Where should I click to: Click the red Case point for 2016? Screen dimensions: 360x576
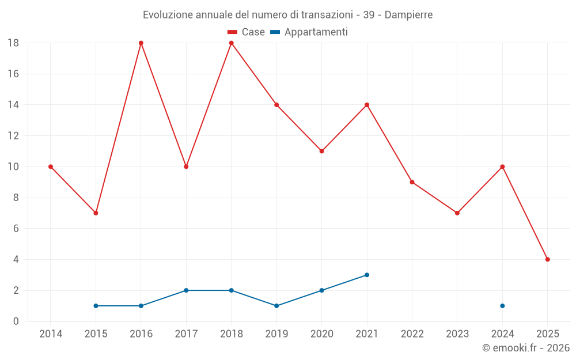[x=141, y=43]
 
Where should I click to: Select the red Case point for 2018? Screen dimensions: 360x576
[x=232, y=43]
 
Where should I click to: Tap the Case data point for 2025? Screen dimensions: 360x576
[x=547, y=259]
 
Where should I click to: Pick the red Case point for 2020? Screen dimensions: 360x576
[x=321, y=151]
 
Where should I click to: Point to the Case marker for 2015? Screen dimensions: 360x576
[x=96, y=213]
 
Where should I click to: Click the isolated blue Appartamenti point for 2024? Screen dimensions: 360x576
[x=502, y=306]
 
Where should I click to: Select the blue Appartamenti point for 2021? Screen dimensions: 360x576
[x=367, y=275]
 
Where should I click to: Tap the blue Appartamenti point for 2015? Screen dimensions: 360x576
[x=96, y=306]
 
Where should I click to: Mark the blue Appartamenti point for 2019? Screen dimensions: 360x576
[x=276, y=306]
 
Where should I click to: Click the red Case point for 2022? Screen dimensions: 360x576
[x=412, y=182]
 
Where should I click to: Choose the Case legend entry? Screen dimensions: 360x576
[x=247, y=32]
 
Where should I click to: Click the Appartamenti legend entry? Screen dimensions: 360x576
[x=309, y=32]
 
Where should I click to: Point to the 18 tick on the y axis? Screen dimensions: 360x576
[x=13, y=43]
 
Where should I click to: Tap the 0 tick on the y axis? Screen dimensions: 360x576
[x=16, y=321]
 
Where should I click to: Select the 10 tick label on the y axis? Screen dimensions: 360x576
[x=13, y=167]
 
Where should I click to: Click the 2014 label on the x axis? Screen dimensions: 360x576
[x=51, y=334]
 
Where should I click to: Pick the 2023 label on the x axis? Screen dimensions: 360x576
[x=457, y=334]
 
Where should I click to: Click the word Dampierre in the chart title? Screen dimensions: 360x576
[x=408, y=15]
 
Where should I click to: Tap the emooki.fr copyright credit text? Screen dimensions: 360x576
[x=526, y=348]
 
